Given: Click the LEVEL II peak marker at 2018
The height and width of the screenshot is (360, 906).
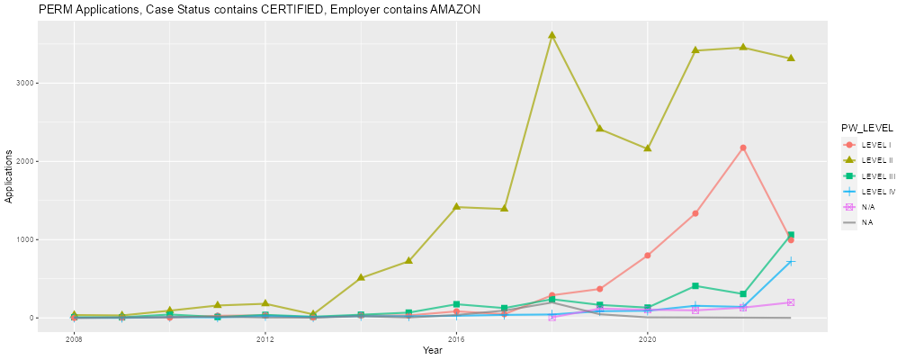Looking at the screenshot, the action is point(552,35).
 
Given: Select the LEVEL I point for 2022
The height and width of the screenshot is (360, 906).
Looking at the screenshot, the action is point(743,148).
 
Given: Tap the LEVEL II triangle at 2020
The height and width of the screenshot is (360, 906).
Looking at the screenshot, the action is point(648,148).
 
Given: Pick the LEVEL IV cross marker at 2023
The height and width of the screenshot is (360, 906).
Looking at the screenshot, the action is point(791,262).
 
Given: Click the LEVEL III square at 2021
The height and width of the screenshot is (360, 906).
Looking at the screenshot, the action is point(695,286).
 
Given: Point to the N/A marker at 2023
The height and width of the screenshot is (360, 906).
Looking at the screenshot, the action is point(791,302).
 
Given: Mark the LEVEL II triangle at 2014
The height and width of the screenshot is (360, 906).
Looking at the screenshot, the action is point(361,277).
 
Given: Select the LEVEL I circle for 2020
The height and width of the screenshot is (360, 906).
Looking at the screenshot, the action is point(648,256).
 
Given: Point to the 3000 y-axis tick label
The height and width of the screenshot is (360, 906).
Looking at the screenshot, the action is point(26,83).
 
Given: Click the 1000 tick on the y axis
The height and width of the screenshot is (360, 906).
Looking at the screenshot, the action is point(26,239).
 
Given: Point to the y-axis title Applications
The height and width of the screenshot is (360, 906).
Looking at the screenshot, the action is point(9,176).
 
